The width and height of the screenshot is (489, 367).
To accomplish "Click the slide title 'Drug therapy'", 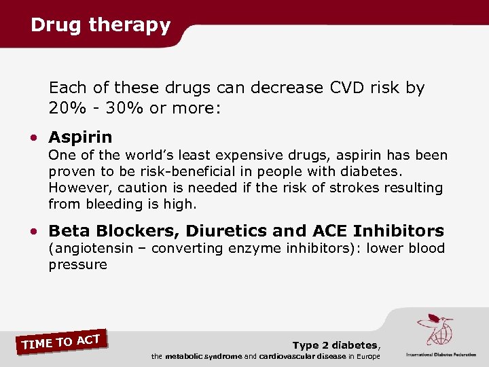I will [101, 25].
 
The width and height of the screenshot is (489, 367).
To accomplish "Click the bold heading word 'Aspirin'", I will [80, 137].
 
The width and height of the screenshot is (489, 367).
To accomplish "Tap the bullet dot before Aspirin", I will [34, 138].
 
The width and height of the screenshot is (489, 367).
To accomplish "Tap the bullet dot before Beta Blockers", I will [34, 232].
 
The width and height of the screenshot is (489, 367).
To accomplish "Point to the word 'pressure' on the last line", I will [77, 265].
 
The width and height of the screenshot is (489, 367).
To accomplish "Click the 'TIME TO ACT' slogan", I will [62, 341].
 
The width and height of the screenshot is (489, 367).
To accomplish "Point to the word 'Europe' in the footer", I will [365, 357].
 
